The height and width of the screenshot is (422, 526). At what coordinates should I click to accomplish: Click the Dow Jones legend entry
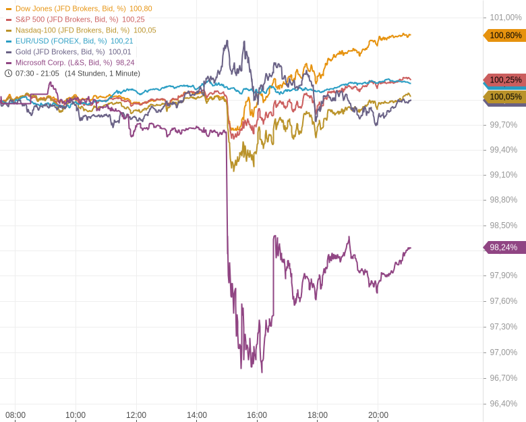pyautogui.click(x=70, y=9)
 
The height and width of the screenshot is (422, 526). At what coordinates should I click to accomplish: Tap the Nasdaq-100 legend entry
pyautogui.click(x=72, y=30)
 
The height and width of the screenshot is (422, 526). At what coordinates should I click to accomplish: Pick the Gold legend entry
pyautogui.click(x=60, y=52)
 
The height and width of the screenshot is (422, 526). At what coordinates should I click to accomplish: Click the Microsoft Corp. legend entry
pyautogui.click(x=63, y=63)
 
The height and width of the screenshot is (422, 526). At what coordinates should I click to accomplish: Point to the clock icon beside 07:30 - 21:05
pyautogui.click(x=9, y=74)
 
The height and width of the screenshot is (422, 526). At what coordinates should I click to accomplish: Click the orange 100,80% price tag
pyautogui.click(x=505, y=35)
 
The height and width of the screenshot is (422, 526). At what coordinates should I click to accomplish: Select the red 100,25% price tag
pyautogui.click(x=505, y=80)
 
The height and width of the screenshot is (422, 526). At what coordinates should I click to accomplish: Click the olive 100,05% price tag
pyautogui.click(x=505, y=97)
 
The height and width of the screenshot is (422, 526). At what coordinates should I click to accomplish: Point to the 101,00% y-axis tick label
pyautogui.click(x=505, y=18)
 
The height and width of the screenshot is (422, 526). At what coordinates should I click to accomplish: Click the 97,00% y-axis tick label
pyautogui.click(x=503, y=352)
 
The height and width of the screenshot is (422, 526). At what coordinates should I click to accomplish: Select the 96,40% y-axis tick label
pyautogui.click(x=503, y=404)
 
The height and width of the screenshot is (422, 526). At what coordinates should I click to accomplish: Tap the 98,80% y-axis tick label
pyautogui.click(x=503, y=200)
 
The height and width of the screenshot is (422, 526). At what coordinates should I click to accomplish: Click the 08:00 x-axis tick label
pyautogui.click(x=16, y=415)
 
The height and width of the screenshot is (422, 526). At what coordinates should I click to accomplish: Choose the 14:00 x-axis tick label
pyautogui.click(x=197, y=415)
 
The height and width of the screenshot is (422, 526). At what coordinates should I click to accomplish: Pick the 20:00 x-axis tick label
pyautogui.click(x=378, y=415)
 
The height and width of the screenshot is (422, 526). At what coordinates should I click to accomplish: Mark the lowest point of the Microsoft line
pyautogui.click(x=262, y=372)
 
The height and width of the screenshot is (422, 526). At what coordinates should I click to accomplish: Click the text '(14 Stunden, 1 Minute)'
pyautogui.click(x=103, y=74)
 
